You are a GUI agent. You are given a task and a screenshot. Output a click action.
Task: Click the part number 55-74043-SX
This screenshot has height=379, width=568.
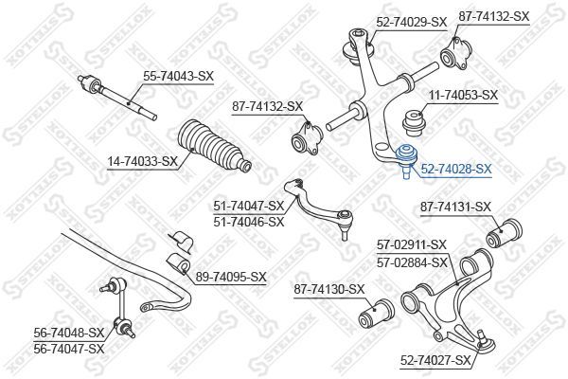(179, 76)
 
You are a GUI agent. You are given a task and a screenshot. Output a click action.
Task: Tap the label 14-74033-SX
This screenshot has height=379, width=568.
(142, 162)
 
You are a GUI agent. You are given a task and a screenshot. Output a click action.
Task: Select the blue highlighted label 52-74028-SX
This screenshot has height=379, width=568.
(456, 169)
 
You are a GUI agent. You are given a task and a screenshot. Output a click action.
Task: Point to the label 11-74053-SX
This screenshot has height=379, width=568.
(463, 96)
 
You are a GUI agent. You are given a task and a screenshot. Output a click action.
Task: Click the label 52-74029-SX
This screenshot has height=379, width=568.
(412, 23)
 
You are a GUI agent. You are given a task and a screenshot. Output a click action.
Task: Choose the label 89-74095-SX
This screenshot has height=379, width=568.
(231, 277)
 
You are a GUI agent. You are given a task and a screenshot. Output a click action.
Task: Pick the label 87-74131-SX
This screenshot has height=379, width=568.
(455, 208)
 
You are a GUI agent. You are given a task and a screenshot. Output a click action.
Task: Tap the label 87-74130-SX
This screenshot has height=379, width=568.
(328, 289)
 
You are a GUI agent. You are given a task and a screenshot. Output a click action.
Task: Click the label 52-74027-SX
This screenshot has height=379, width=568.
(435, 360)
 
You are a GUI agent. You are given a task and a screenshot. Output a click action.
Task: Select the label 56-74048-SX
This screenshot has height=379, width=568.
(69, 333)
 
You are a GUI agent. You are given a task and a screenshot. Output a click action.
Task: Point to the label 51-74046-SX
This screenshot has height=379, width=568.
(249, 221)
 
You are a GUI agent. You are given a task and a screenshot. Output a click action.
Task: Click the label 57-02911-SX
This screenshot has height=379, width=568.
(412, 245)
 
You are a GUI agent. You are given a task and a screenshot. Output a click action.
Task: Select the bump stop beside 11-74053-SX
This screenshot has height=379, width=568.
(413, 123)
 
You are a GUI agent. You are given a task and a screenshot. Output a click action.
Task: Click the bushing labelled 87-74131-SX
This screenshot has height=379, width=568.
(505, 234)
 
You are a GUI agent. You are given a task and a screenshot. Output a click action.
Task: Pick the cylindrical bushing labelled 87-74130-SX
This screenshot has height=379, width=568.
(377, 313)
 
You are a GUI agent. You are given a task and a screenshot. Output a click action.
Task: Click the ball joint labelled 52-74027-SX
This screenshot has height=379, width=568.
(485, 341)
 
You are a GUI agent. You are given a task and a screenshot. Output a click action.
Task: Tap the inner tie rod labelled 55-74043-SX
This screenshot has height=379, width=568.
(117, 97)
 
